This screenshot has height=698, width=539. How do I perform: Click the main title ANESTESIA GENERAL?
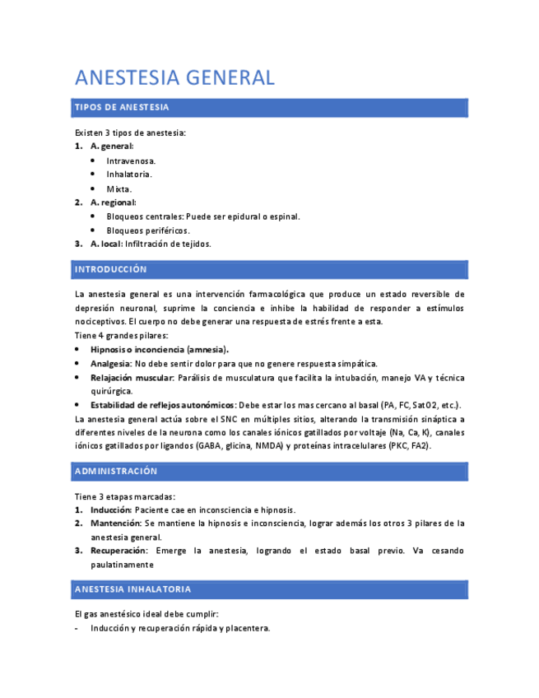[x=174, y=78]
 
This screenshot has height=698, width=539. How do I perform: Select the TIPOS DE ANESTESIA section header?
[x=122, y=108]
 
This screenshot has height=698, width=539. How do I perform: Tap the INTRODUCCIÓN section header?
[x=110, y=269]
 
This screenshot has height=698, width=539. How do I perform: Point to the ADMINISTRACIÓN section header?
[x=115, y=471]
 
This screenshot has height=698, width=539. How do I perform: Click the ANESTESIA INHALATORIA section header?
[x=132, y=589]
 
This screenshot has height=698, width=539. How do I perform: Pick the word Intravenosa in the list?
[x=131, y=161]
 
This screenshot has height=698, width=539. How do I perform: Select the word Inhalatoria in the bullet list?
[x=129, y=174]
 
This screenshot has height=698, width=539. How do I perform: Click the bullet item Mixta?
[x=118, y=188]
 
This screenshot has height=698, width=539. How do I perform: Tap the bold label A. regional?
[x=113, y=202]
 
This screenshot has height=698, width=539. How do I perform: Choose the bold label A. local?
[x=106, y=244]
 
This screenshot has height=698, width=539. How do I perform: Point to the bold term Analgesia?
[x=111, y=363]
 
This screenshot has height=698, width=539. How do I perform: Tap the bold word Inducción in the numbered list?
[x=111, y=510]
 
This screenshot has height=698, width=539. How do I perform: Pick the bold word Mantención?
[x=115, y=523]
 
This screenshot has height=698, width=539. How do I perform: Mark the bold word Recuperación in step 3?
[x=118, y=550]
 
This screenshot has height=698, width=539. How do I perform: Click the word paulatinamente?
[x=122, y=565]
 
